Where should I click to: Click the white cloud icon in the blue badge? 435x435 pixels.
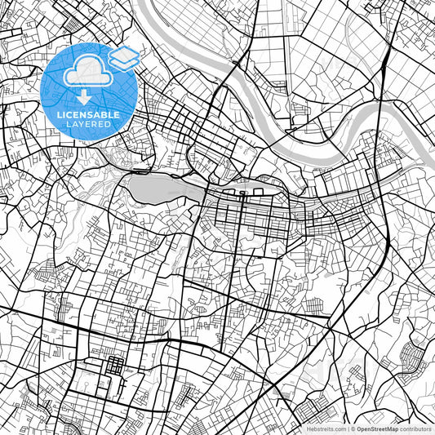pos(85,74)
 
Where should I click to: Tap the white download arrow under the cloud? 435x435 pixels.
pos(85,96)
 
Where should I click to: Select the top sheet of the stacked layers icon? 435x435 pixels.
pos(123,54)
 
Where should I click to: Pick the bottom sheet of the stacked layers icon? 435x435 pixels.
pos(123,61)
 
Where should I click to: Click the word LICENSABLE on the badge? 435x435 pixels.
pos(90,115)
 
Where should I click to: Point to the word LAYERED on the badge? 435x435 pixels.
pos(90,124)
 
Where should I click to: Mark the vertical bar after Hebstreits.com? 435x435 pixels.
pos(349,428)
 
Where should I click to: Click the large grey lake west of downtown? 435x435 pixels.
pos(155,189)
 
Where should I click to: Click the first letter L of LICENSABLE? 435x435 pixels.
pos(60,115)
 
